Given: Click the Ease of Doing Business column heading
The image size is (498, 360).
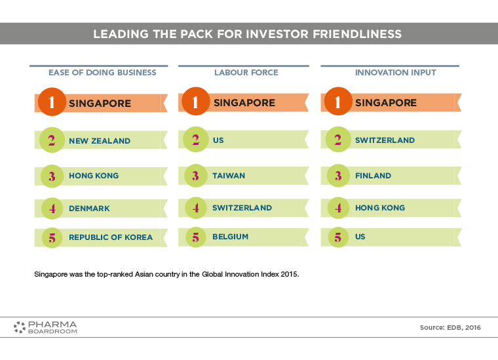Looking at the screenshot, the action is click(x=102, y=72).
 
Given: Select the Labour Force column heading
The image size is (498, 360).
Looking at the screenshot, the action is click(x=246, y=72).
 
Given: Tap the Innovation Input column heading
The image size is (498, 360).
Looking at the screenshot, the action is click(x=395, y=72).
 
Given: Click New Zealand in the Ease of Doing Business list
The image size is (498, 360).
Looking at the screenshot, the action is click(x=100, y=141).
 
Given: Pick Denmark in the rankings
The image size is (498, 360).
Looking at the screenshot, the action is click(x=89, y=209).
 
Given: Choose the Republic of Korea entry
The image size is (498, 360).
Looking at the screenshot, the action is click(x=111, y=237).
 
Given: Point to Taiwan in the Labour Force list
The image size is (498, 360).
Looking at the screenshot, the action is click(x=229, y=176).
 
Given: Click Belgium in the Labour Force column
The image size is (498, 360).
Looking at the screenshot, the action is click(x=230, y=237).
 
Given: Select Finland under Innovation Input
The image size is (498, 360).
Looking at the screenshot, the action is click(x=373, y=176).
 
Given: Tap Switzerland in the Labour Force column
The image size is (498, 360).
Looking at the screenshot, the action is click(x=242, y=208).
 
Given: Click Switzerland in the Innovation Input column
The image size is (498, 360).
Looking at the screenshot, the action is click(x=385, y=140).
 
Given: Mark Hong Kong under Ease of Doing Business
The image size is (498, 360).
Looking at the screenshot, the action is click(x=94, y=176).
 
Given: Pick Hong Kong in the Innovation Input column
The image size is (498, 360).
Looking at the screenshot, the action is click(x=380, y=208).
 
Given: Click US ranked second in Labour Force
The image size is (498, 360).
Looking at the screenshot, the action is click(x=218, y=140).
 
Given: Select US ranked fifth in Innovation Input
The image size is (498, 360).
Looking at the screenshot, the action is click(x=360, y=237).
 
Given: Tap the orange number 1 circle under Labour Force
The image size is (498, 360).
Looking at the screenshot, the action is click(x=196, y=102).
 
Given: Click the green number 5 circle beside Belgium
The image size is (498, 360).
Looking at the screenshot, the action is click(x=196, y=237).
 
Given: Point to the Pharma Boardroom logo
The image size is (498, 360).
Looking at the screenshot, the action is click(x=45, y=327).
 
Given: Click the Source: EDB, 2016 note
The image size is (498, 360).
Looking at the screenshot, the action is click(x=450, y=328).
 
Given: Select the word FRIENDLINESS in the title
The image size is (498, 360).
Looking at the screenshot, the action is click(x=357, y=34).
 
